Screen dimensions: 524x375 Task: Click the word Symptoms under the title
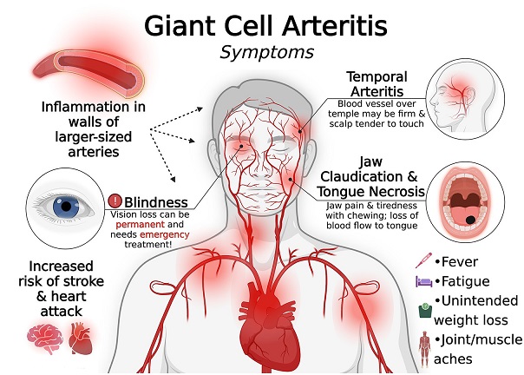click(x=266, y=53)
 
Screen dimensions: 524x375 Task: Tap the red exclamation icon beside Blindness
click(x=115, y=201)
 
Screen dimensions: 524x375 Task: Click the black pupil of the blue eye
click(x=66, y=206)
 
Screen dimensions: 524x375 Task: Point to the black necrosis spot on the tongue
click(x=470, y=220)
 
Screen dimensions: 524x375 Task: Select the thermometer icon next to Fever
click(x=423, y=260)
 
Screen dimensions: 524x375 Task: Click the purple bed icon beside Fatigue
click(x=423, y=281)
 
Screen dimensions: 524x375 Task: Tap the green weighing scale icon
click(x=425, y=311)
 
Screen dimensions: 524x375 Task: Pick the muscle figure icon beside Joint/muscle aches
click(x=425, y=349)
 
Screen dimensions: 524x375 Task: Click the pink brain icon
click(x=45, y=339)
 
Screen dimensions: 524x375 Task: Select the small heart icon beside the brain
click(x=80, y=339)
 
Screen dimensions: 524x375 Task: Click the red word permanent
click(x=141, y=225)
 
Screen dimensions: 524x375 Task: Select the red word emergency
click(x=165, y=234)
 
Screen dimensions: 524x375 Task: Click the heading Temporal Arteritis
click(x=377, y=84)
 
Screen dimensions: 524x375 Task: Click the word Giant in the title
click(x=180, y=26)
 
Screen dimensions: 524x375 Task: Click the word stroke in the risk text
click(x=83, y=281)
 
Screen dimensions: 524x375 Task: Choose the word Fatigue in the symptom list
click(x=466, y=281)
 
